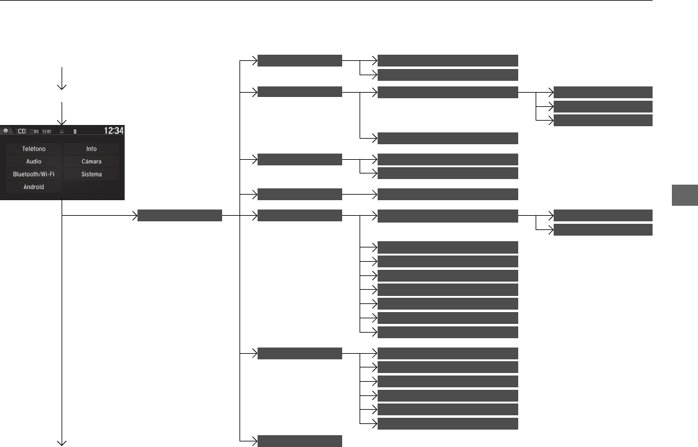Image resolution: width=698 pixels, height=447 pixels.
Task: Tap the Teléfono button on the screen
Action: tap(34, 149)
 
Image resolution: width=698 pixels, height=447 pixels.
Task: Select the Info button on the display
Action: tap(91, 149)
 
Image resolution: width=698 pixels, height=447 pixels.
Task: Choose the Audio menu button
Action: tap(34, 162)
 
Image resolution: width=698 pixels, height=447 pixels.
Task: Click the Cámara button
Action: tap(91, 162)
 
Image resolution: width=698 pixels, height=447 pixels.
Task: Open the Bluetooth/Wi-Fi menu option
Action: tap(34, 174)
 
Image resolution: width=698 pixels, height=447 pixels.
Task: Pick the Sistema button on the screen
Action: tap(91, 174)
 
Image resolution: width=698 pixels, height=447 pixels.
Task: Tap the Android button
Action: tap(34, 187)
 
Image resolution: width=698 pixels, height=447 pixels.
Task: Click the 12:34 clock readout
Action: tap(113, 131)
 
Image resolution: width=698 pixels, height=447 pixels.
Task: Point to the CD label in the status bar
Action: tap(22, 131)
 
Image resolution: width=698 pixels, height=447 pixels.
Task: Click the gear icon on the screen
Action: tap(6, 131)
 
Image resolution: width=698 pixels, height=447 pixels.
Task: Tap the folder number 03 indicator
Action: tap(34, 132)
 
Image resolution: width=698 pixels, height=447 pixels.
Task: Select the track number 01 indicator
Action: tap(47, 132)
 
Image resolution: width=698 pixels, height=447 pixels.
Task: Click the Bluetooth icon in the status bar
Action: tap(75, 132)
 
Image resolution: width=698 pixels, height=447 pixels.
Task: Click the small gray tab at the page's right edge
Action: tap(685, 195)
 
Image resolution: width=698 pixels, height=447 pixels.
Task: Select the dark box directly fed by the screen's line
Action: tap(180, 215)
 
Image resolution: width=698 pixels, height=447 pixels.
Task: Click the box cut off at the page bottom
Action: tap(300, 441)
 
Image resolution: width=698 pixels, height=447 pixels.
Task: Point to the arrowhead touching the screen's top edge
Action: tap(62, 122)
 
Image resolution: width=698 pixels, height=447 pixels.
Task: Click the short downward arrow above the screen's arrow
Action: tap(62, 78)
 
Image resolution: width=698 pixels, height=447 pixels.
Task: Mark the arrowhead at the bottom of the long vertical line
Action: tap(62, 443)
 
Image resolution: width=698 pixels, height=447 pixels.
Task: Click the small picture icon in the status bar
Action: tap(62, 132)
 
